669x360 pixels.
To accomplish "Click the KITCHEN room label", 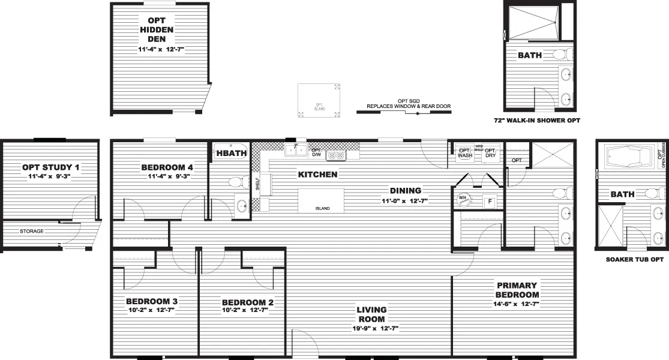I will point(317,175).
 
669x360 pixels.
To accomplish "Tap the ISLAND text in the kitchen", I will point(321,209).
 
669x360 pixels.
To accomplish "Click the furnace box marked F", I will point(490,202).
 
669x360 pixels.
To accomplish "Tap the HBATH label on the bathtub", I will point(228,154).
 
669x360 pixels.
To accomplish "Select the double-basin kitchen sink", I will point(296,149).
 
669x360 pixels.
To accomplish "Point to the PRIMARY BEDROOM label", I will point(517,290).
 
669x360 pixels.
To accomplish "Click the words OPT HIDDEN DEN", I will point(156,29).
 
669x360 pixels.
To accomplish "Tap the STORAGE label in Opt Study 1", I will point(31,231).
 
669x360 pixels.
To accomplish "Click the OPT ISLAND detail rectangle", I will point(321,101).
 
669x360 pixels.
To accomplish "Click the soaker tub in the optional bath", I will point(629,157).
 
